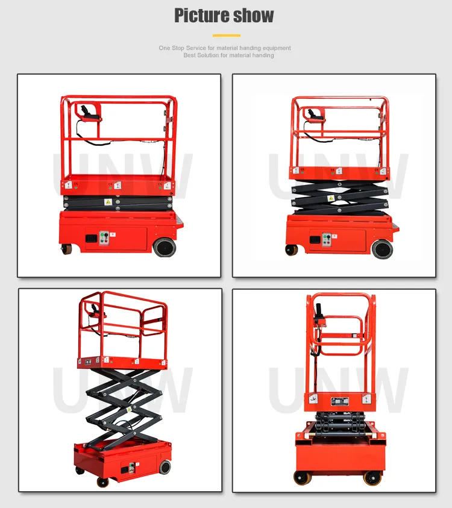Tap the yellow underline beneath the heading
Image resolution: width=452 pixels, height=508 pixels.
coord(226,35)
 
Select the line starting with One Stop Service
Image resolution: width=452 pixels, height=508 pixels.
coord(225,48)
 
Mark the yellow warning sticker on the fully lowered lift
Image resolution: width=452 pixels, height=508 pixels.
coord(108,202)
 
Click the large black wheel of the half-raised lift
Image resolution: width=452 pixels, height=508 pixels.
coord(382,248)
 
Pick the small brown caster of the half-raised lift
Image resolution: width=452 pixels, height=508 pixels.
coord(292,249)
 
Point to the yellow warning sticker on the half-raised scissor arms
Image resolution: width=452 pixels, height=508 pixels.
coord(330,198)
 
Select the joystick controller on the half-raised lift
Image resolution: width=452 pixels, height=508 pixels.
coord(313,113)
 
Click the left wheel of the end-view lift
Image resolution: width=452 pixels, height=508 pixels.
coord(301,477)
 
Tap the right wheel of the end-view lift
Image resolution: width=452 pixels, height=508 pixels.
coord(372,477)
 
